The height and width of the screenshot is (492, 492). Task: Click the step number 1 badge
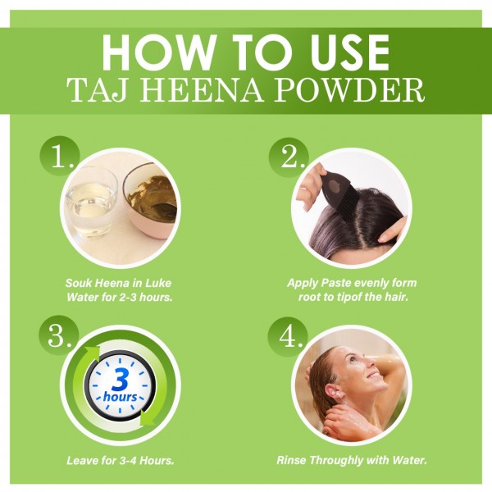[x=60, y=157]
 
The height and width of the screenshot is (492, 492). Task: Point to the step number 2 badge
[x=289, y=157]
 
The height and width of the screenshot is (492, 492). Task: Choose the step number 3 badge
[x=59, y=335]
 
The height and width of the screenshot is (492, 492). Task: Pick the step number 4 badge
[x=288, y=338]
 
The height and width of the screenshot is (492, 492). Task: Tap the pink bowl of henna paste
[x=149, y=201]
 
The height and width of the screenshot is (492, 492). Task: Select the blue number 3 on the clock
[x=120, y=380]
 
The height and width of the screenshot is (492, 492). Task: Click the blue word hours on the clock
[x=120, y=397]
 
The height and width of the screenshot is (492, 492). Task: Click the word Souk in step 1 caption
[x=78, y=283]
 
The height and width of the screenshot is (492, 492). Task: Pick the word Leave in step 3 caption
[x=81, y=461]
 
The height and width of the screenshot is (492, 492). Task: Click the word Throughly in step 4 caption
[x=336, y=461]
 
